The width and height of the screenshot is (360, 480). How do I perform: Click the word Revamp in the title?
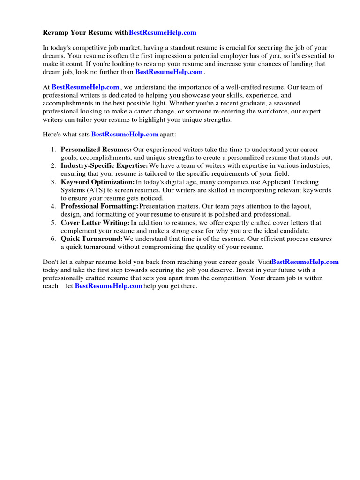tap(55, 33)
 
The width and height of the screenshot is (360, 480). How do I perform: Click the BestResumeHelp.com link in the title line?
tap(162, 33)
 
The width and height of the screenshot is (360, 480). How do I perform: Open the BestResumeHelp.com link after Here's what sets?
tap(125, 135)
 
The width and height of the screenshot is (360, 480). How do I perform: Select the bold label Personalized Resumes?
tap(96, 150)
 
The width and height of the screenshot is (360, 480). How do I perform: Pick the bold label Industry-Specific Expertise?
tap(104, 166)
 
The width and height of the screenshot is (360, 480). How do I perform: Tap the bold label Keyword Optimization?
tap(97, 182)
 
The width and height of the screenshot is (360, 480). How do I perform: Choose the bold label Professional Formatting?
tap(99, 206)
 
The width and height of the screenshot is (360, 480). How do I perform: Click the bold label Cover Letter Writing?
tap(95, 223)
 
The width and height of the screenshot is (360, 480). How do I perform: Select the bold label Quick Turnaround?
tap(92, 239)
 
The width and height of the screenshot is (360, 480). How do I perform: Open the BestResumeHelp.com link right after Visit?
tap(305, 262)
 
